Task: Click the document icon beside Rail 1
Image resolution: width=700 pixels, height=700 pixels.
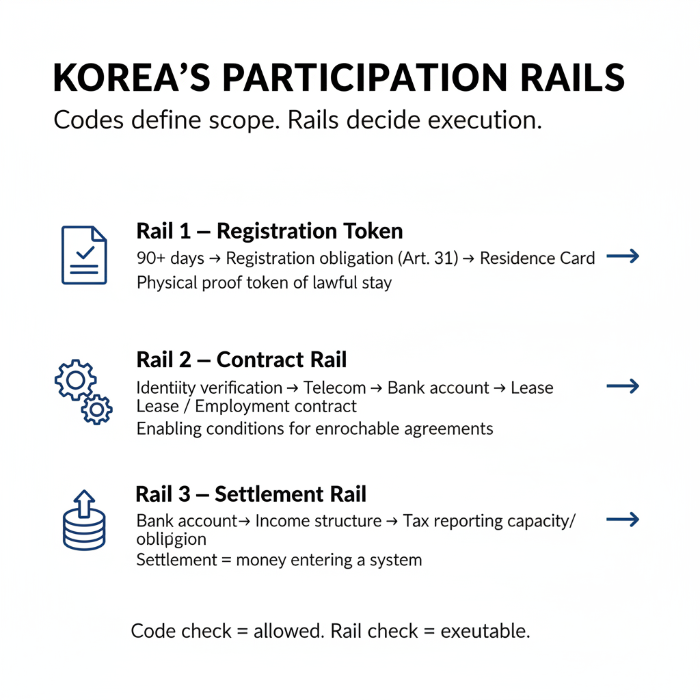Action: coord(84,255)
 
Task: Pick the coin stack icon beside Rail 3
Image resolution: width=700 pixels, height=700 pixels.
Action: coord(83,520)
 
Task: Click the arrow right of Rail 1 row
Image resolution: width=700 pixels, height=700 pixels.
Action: coord(623,257)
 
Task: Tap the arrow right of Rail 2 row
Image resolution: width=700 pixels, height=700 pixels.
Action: coord(623,387)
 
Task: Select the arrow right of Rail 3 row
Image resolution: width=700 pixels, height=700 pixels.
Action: coord(623,520)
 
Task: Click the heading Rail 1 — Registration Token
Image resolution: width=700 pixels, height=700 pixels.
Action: coord(269,231)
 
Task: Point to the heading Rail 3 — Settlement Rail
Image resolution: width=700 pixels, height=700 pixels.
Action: coord(251,494)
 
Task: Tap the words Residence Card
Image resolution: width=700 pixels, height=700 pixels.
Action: coord(537,258)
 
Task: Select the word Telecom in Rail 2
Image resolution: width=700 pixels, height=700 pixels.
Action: coord(334,388)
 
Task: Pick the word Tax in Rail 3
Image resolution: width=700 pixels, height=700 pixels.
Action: coord(415,521)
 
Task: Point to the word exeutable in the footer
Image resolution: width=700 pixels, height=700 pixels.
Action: coord(485,631)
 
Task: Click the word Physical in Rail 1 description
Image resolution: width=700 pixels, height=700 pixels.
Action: coord(165,282)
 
